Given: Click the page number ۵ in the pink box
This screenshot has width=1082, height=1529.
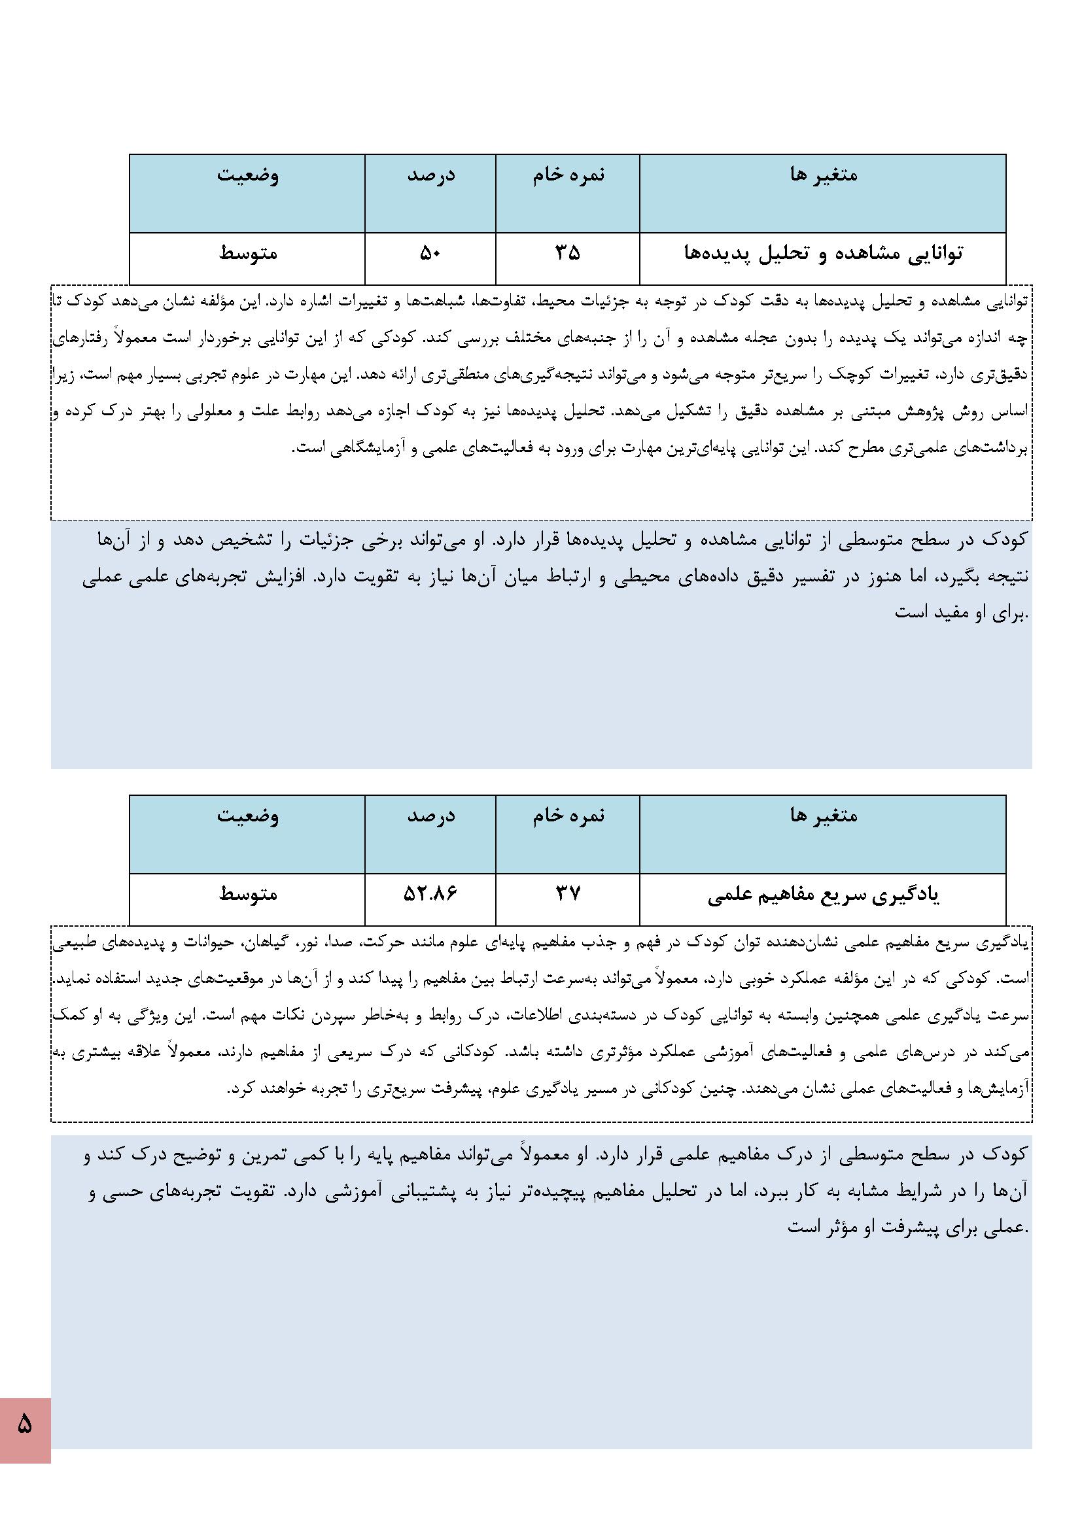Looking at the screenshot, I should coord(25,1424).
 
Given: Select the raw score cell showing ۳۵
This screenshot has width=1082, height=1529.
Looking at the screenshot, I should coord(568,254).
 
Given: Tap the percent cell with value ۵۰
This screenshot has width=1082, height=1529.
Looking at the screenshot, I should coord(430,254).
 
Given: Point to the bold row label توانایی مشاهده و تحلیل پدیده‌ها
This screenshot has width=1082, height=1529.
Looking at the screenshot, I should coord(823,254).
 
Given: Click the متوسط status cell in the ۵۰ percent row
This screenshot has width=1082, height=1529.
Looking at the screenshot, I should coord(248,254).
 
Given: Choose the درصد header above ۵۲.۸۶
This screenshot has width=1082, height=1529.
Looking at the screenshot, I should coord(431,816).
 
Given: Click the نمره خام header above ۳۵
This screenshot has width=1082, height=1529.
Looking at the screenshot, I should coord(568,175).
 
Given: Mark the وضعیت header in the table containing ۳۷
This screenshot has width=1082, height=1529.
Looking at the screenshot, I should coord(248,816).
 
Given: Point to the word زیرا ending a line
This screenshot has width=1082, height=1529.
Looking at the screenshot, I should coord(65,375).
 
